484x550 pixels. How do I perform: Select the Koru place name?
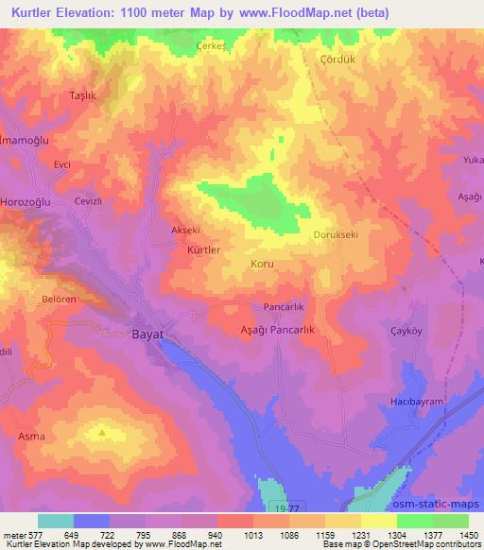click(263, 265)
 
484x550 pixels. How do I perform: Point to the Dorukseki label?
click(336, 235)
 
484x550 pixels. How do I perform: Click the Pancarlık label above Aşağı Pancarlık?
click(282, 308)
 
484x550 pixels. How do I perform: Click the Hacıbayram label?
click(417, 402)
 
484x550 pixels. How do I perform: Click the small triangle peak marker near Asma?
click(102, 433)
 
